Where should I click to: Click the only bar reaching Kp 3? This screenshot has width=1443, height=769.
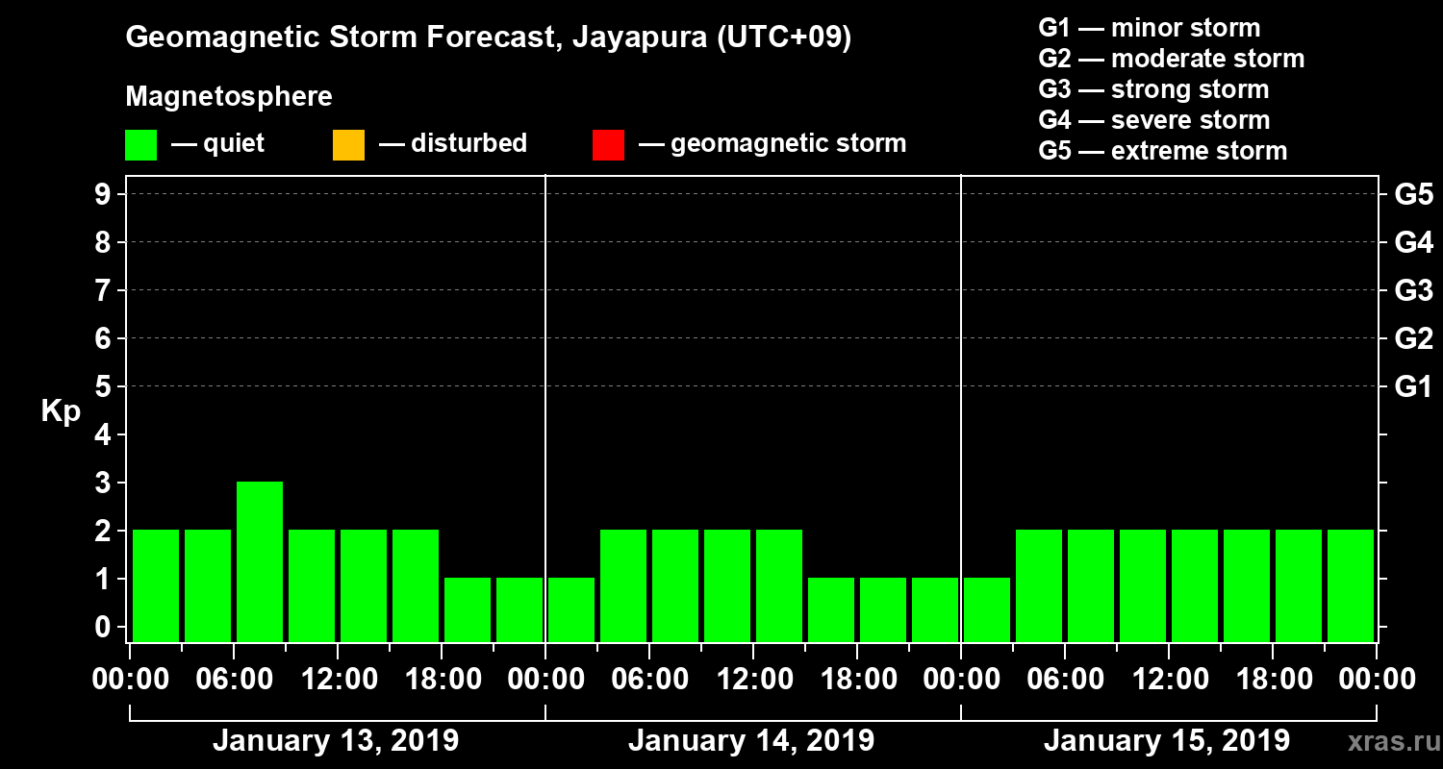tap(260, 560)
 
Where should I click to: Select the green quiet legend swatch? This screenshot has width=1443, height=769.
tap(140, 144)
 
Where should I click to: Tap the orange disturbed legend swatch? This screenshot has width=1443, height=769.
tap(348, 144)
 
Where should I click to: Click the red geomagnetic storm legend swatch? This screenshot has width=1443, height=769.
tap(608, 144)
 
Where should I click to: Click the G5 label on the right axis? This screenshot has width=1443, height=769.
tap(1413, 195)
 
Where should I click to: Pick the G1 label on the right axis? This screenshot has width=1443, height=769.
tap(1413, 387)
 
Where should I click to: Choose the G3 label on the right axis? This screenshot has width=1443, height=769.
tap(1413, 291)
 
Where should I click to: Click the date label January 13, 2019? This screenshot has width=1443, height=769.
tap(335, 741)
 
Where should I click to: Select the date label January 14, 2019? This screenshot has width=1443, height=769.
tap(750, 741)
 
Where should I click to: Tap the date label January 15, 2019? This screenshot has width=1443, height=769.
tap(1166, 741)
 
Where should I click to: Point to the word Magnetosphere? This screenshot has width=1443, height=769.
tap(229, 97)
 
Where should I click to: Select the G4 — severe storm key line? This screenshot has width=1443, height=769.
tap(1154, 120)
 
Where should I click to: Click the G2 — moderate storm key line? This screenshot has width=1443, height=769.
tap(1172, 59)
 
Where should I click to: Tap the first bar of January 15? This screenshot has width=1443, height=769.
tap(987, 609)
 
